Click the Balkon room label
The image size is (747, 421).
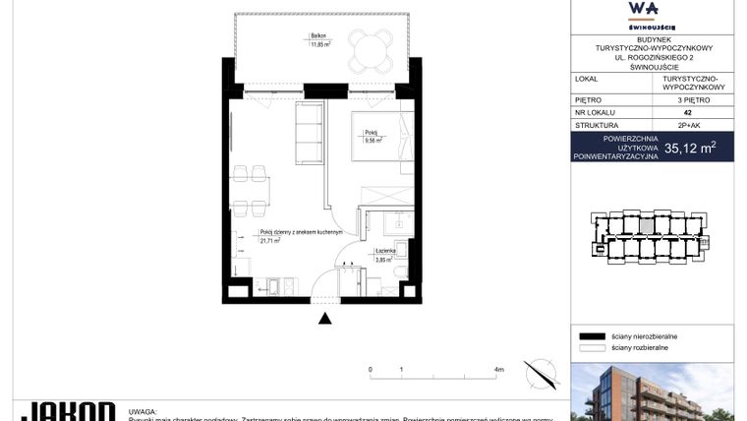318,38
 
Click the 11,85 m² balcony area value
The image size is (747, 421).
321,45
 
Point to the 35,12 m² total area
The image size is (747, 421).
690,149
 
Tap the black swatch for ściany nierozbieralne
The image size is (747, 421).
590,335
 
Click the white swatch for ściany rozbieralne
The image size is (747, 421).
590,347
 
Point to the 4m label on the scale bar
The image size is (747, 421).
499,370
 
